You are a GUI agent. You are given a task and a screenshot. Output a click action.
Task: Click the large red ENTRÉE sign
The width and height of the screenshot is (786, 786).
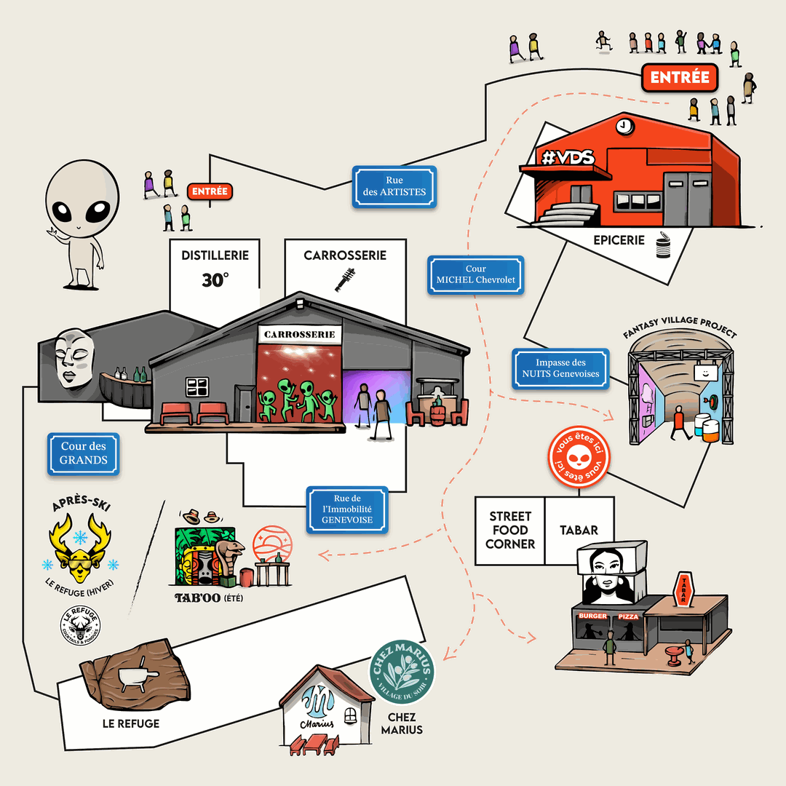[680, 78]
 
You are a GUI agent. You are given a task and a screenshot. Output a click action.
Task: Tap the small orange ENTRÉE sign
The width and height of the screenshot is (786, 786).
[210, 191]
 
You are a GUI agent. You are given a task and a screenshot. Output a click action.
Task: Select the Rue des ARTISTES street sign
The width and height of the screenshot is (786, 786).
[394, 186]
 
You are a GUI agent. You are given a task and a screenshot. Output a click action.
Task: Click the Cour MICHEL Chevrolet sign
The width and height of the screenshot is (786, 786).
[476, 275]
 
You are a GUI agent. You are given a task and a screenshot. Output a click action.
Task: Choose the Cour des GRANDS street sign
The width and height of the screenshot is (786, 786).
[84, 453]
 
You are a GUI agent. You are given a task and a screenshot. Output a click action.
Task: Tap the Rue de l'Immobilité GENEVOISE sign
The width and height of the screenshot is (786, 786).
[346, 509]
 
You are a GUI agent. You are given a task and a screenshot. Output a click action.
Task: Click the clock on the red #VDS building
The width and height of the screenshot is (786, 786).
[624, 127]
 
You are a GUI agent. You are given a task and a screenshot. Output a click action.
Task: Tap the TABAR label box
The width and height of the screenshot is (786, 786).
[579, 530]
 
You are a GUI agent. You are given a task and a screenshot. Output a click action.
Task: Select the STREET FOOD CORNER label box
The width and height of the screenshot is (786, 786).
[510, 530]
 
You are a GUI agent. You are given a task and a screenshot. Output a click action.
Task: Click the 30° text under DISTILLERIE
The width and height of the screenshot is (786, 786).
[215, 279]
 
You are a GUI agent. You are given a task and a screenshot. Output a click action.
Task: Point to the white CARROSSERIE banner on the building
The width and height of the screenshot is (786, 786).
[300, 334]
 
